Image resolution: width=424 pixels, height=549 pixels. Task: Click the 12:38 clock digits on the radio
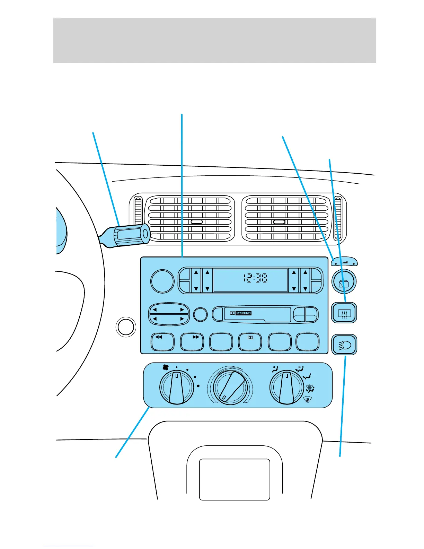tap(255, 278)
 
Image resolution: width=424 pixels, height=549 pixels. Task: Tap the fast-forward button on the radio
tap(192, 341)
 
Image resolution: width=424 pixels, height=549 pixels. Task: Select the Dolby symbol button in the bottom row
tap(250, 341)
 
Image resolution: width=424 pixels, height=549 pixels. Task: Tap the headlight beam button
tap(344, 345)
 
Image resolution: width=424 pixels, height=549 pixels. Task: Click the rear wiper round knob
tap(344, 282)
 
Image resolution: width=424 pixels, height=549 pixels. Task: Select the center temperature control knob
tap(230, 387)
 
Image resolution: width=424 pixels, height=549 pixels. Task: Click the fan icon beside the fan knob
tap(166, 367)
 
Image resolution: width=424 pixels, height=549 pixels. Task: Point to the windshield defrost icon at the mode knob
tap(307, 400)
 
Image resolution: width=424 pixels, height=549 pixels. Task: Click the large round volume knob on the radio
tap(162, 281)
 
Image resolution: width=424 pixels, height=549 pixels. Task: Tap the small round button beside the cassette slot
tap(200, 315)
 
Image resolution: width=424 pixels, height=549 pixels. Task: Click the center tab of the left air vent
tap(196, 222)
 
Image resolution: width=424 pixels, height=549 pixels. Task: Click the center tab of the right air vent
tap(279, 222)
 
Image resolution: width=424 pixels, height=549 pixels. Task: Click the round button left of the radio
tap(126, 327)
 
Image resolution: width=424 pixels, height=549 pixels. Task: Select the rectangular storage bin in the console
tap(235, 479)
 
